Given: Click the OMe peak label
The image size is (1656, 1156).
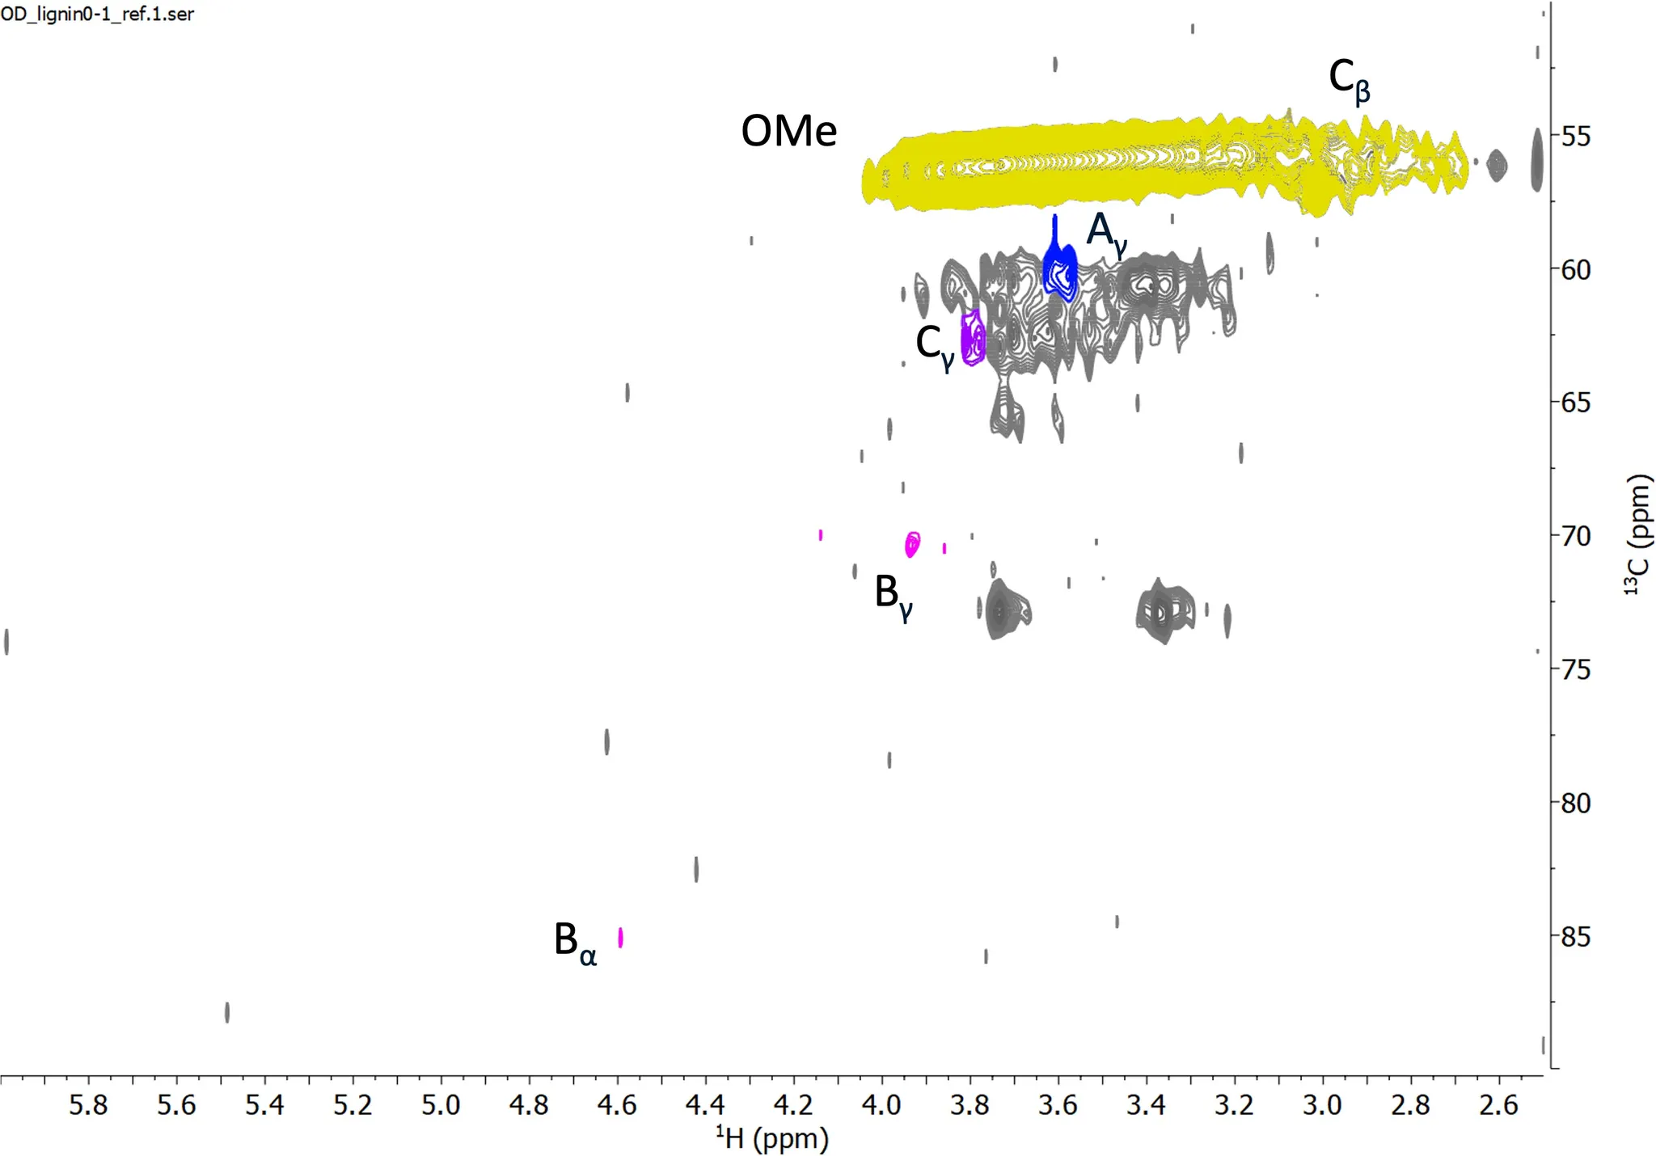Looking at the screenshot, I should [788, 131].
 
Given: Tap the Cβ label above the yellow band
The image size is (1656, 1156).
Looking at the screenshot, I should [1349, 82].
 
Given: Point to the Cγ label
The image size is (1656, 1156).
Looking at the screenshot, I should [935, 346].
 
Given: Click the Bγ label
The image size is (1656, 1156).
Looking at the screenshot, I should [893, 596].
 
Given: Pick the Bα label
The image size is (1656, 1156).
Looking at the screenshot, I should [575, 943].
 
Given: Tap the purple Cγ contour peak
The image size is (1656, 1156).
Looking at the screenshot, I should [973, 339].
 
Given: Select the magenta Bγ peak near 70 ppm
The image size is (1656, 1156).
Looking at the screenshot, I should [912, 543].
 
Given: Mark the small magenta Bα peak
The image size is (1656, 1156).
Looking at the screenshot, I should [620, 937].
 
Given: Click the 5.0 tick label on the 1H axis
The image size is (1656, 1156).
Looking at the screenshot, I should [441, 1105].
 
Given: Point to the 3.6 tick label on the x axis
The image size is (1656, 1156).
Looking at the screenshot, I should [1058, 1105].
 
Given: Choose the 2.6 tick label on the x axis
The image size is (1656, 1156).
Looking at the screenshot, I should [1498, 1105].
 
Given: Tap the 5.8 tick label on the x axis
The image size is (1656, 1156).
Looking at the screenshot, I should [88, 1105].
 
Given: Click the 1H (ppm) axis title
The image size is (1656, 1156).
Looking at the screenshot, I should [772, 1138].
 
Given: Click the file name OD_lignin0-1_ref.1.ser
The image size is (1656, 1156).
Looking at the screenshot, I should [98, 15].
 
